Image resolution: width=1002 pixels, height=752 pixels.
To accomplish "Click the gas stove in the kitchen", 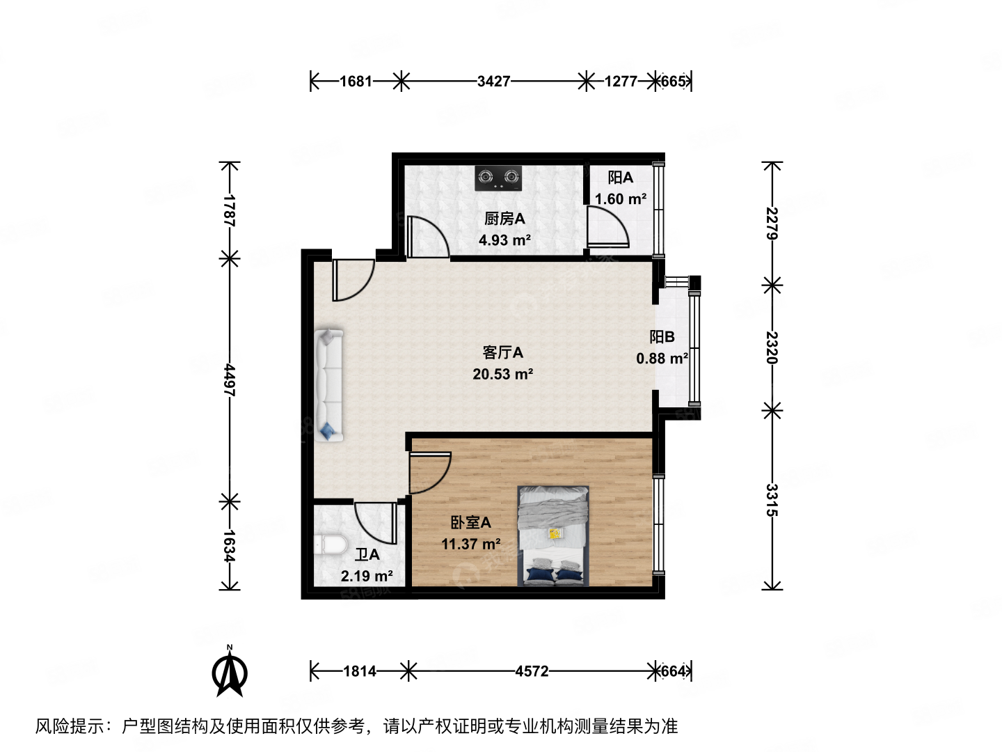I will click(498, 178).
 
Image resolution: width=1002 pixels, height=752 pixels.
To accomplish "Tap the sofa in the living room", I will click(330, 385).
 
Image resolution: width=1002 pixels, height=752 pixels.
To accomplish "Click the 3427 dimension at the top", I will click(493, 81).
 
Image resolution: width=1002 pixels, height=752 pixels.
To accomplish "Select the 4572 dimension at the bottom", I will click(532, 671).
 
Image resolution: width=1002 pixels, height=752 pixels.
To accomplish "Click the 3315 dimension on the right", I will click(772, 499).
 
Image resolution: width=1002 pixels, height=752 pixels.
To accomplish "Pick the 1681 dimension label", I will click(356, 81).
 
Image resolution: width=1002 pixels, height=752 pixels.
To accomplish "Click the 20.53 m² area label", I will click(502, 375).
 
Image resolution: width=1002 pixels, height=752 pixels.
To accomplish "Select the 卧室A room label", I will click(470, 522).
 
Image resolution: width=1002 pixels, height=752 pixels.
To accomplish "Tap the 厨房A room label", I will click(504, 219).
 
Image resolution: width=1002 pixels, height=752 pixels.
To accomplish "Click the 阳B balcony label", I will click(662, 337).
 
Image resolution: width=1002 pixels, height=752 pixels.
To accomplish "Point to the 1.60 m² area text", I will click(620, 199).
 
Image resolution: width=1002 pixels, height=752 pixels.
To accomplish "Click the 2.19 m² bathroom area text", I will click(367, 577).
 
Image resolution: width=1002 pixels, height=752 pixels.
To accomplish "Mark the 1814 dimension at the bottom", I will click(360, 671).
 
